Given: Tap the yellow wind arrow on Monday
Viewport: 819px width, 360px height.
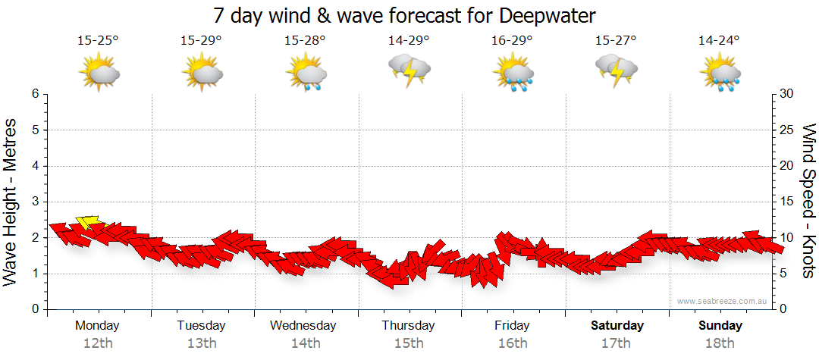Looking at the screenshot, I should pos(88,222).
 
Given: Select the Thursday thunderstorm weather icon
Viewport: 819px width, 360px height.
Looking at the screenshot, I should pos(409,70).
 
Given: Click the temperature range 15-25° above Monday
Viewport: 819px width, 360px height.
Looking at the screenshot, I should pos(98,40).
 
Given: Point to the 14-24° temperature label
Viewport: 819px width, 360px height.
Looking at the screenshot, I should pos(720,40).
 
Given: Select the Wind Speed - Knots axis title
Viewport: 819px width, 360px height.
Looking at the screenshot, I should pos(808,201).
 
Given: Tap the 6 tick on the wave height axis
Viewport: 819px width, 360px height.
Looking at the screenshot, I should pos(35,94).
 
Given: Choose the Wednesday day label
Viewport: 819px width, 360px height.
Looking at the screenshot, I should pos(304,326).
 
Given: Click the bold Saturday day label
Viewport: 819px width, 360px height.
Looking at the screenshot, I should pos(617,326).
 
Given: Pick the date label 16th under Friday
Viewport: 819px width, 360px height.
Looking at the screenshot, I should pos(513,343).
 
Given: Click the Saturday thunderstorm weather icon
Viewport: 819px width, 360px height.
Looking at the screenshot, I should pos(617,70).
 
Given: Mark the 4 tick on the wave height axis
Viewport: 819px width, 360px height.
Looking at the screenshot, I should pos(35,166).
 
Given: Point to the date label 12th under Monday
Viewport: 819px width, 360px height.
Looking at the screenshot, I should pos(98,343).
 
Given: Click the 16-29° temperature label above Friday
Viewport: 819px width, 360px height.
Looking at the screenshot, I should pos(512,40).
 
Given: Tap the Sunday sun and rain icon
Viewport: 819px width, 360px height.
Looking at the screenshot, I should pos(720,74).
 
